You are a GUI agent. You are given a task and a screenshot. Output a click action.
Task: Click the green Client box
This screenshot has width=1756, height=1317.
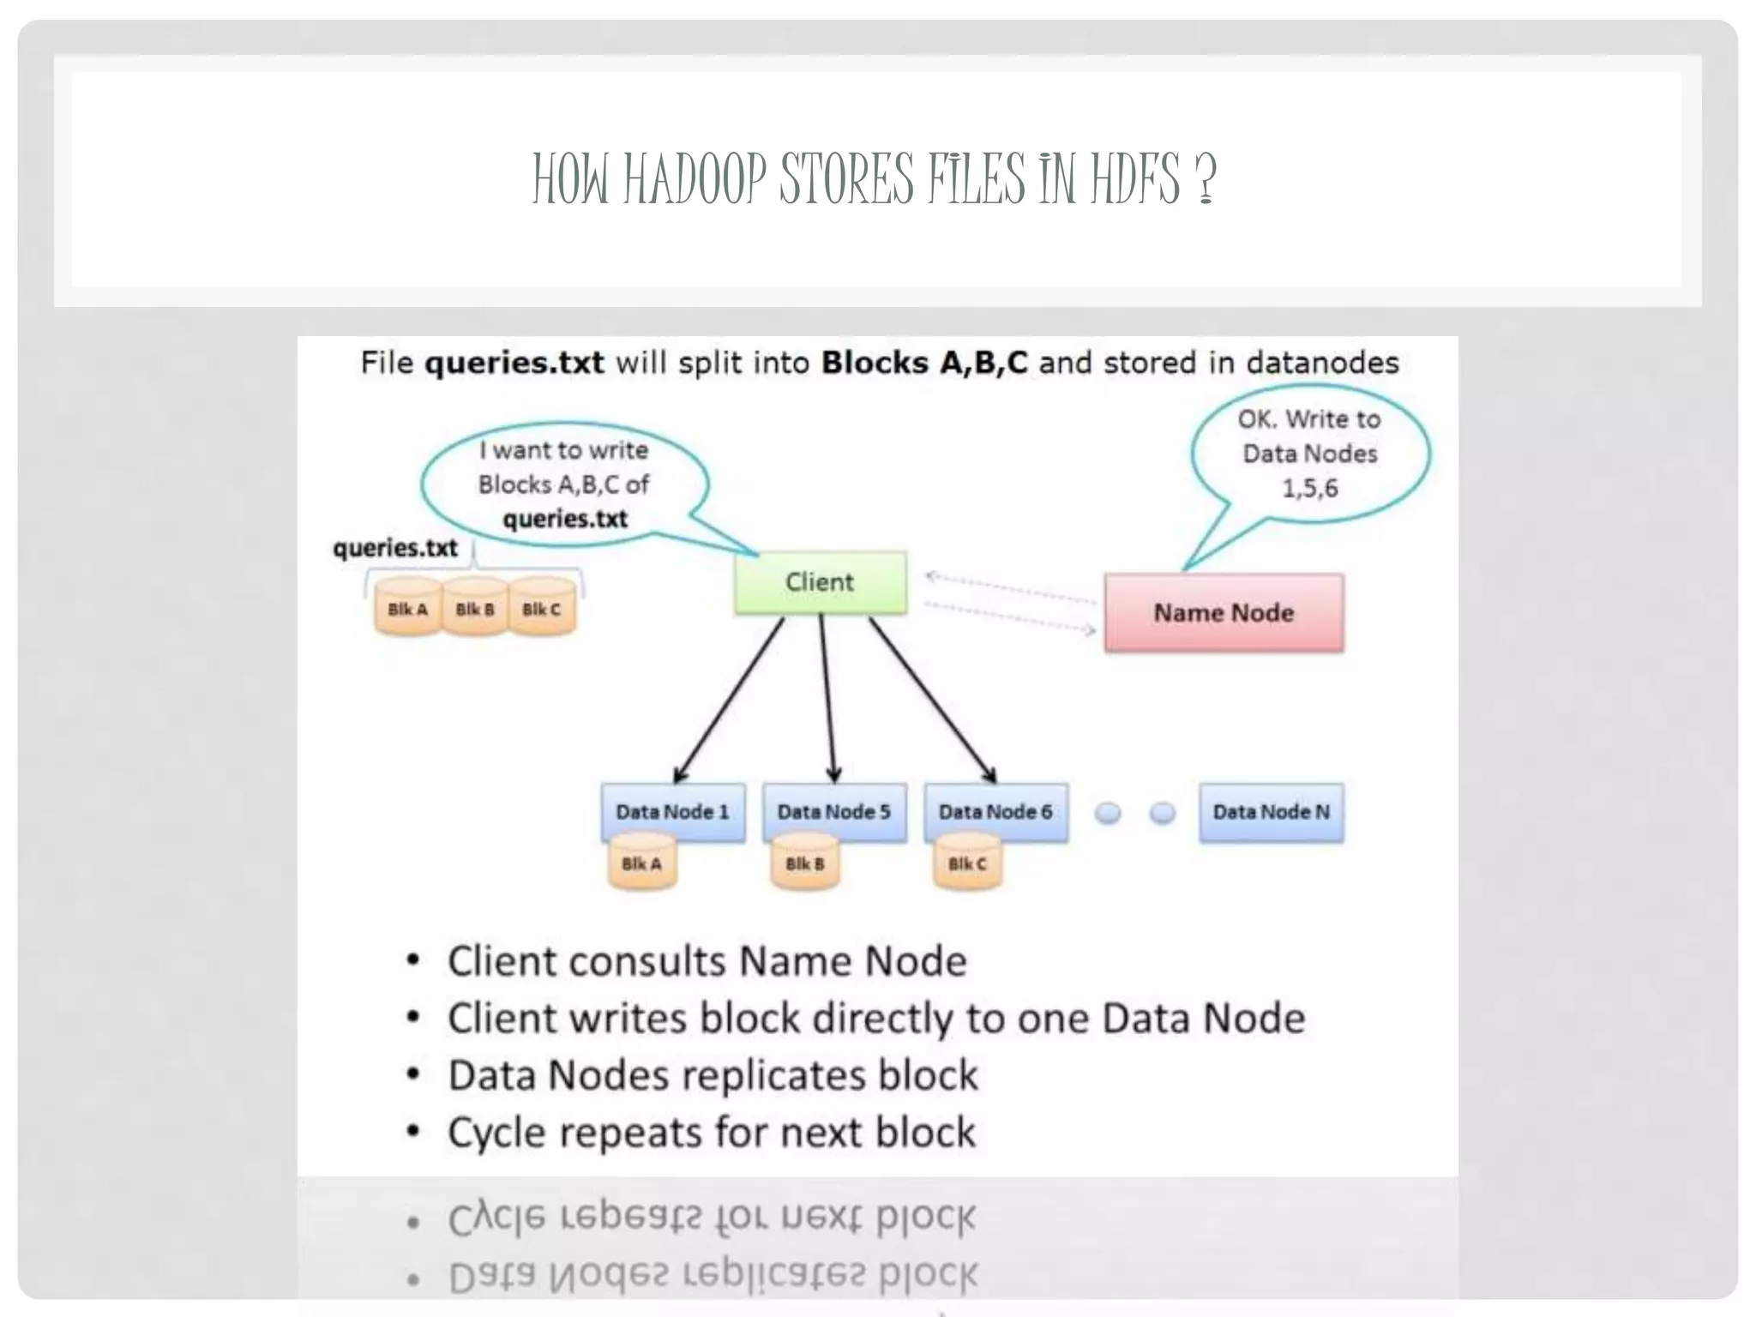click(x=820, y=582)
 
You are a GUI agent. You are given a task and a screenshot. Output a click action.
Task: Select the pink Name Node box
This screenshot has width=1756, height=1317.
click(x=1224, y=613)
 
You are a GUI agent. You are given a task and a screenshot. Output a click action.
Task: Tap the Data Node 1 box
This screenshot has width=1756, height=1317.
click(x=672, y=811)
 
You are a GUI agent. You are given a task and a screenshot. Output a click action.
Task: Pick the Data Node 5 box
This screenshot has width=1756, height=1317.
click(x=833, y=811)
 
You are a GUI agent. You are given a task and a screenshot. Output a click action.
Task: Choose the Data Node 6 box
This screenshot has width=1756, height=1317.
click(x=995, y=811)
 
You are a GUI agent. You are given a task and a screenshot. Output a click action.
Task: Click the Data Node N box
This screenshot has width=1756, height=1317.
click(x=1271, y=811)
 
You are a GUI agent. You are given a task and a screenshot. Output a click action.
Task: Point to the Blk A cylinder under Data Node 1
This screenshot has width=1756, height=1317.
click(x=641, y=864)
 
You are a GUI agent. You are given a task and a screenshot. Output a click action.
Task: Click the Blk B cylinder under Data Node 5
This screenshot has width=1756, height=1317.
click(x=804, y=864)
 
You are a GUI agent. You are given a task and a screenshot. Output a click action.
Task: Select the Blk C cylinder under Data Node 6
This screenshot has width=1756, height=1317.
click(x=967, y=864)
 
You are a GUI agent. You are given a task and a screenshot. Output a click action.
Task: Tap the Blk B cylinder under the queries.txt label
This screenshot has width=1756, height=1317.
click(x=474, y=610)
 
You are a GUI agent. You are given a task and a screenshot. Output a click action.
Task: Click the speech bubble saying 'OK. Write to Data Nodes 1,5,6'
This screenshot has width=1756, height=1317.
click(x=1309, y=454)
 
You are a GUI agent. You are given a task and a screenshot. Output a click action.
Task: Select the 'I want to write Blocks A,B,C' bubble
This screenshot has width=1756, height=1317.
click(x=564, y=484)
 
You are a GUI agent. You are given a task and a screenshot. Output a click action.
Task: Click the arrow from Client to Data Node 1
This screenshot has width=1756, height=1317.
click(x=729, y=700)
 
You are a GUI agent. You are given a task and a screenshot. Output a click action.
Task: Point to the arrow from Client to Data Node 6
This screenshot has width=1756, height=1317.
click(x=933, y=700)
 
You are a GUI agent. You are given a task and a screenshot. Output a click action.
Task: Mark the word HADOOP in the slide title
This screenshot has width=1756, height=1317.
click(x=694, y=179)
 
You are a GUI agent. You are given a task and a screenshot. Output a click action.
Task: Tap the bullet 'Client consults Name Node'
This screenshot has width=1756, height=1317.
click(x=707, y=961)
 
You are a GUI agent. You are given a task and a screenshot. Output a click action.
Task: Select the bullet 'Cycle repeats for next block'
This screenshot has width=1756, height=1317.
click(x=711, y=1133)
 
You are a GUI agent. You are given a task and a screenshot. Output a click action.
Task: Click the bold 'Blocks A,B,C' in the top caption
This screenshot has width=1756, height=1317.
click(x=923, y=363)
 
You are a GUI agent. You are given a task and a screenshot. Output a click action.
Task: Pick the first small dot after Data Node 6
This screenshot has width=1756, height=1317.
click(x=1108, y=812)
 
